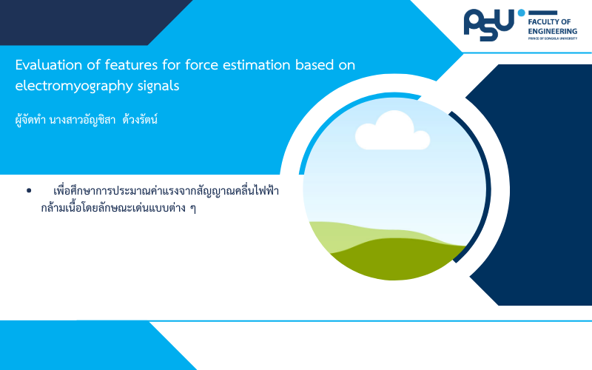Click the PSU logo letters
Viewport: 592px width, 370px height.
[489, 25]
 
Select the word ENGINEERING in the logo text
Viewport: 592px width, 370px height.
[553, 31]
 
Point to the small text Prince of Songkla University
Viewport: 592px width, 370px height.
[553, 38]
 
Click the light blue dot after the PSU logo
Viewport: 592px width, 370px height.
[522, 13]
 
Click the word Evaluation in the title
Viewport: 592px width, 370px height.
[48, 65]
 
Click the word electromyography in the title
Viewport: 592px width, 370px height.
[73, 87]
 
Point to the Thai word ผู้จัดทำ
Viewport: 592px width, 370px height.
[30, 120]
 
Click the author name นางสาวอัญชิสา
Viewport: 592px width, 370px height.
[82, 120]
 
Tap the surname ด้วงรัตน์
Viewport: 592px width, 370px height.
[140, 120]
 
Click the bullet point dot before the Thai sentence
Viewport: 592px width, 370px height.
[29, 191]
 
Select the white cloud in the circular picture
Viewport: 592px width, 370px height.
[393, 131]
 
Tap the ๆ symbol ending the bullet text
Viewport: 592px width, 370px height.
[193, 209]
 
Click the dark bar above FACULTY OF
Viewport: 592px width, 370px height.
[542, 13]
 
